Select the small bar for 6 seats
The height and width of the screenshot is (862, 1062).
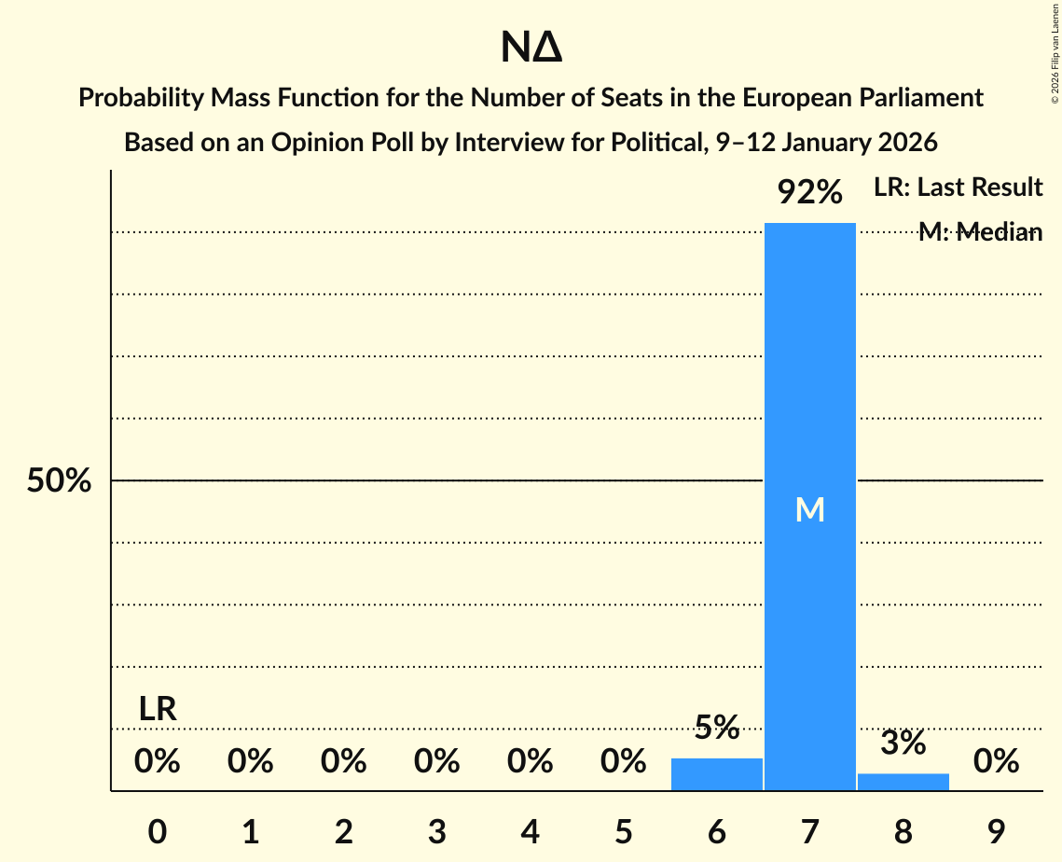click(x=716, y=774)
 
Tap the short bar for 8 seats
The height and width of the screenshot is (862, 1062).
click(x=903, y=782)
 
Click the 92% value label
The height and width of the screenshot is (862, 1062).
click(x=809, y=193)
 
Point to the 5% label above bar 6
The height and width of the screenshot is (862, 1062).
click(x=716, y=727)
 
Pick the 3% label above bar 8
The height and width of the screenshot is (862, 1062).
click(x=903, y=743)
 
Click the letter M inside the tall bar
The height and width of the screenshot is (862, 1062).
click(x=809, y=509)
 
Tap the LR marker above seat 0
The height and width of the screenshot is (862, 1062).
click(x=158, y=709)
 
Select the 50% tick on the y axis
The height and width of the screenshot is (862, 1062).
click(x=59, y=481)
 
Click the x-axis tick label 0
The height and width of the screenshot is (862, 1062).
click(x=158, y=831)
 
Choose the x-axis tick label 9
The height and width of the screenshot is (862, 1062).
click(x=996, y=831)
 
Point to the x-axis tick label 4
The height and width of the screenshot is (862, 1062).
click(x=530, y=831)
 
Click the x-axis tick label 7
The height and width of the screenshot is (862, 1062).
click(x=809, y=831)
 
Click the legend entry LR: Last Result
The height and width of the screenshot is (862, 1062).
click(x=958, y=188)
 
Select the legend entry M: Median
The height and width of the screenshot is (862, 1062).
click(x=979, y=232)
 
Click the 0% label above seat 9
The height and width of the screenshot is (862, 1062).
click(x=996, y=761)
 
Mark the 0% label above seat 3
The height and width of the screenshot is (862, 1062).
click(x=436, y=761)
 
